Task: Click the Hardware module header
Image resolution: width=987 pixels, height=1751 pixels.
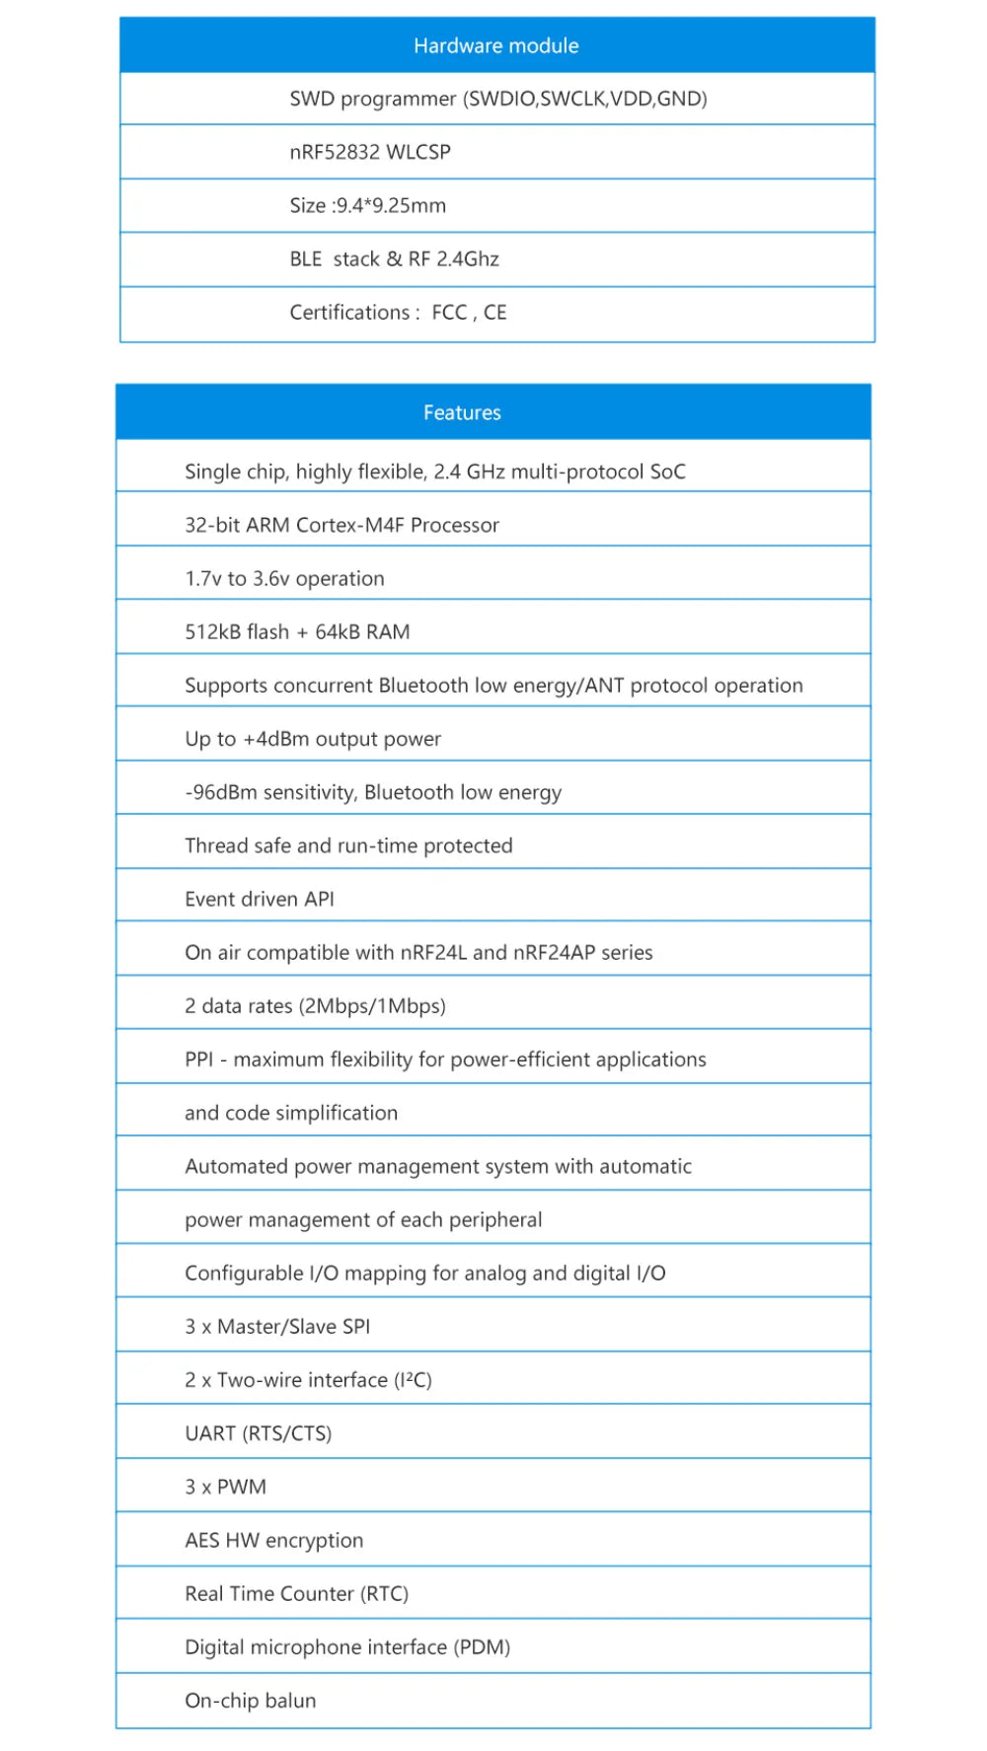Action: pos(496,45)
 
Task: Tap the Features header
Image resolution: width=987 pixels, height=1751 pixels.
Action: pos(462,412)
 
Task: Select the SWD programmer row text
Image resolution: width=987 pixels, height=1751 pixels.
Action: pos(497,99)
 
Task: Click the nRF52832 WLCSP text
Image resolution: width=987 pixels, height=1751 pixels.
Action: pos(370,152)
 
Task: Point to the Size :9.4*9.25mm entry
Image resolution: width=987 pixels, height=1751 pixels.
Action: pos(367,205)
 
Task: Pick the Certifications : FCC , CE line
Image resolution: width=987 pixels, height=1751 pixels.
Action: pos(398,313)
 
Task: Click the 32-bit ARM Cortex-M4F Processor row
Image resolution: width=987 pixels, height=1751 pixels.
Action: pos(342,525)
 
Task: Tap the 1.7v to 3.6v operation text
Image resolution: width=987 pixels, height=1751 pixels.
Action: pos(284,578)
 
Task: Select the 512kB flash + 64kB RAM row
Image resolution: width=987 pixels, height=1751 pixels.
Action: pos(297,631)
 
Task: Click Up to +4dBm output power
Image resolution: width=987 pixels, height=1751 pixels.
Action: pos(313,739)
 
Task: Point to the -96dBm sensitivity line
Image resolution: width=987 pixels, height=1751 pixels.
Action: pos(373,792)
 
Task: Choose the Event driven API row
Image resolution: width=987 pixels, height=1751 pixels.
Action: pos(260,899)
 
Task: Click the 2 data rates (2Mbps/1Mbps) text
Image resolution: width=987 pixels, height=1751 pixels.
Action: pos(315,1006)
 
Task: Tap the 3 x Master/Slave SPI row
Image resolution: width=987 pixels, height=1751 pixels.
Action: pos(277,1327)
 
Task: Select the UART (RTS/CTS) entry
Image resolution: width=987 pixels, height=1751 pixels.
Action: pos(258,1433)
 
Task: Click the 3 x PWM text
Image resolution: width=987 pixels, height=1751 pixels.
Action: pos(225,1487)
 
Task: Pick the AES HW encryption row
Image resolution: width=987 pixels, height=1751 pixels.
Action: pos(273,1540)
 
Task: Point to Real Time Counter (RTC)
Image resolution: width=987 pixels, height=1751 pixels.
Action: pos(296,1593)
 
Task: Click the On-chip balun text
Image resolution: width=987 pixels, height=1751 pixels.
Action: pos(250,1701)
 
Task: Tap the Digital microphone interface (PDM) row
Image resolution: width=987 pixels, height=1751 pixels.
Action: pos(346,1647)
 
